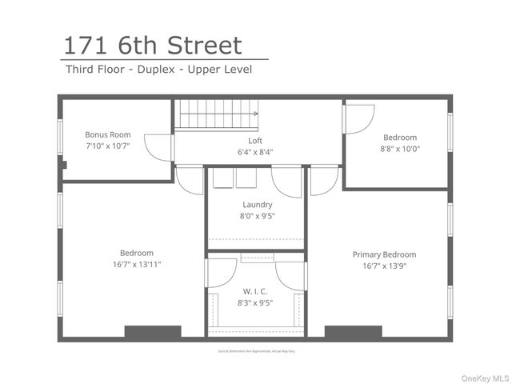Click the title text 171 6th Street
[152, 45]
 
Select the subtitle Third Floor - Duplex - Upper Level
[158, 70]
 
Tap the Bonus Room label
[108, 135]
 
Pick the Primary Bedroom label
[384, 255]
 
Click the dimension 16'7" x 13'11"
[137, 264]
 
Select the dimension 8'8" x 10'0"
[400, 148]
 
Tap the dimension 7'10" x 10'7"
[108, 146]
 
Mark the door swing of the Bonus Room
[161, 148]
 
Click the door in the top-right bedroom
[358, 118]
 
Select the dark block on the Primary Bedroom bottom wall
[353, 331]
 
